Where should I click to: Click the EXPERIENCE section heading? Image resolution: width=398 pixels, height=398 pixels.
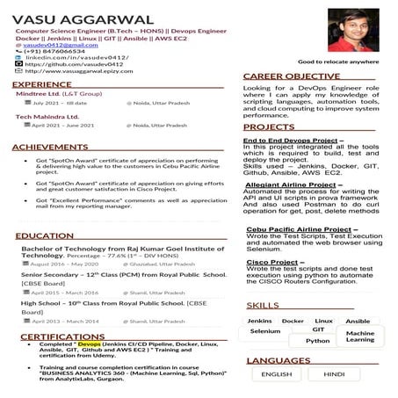(42, 84)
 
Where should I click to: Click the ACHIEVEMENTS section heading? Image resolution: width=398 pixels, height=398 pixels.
(50, 147)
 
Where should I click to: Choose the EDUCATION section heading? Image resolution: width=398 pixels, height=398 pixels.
(44, 236)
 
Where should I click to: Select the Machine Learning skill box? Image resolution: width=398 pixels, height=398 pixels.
(359, 336)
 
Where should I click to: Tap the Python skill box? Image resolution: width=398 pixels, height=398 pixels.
(318, 341)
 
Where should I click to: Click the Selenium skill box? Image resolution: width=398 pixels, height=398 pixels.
(264, 331)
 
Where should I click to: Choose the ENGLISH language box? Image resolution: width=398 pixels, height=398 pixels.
(277, 373)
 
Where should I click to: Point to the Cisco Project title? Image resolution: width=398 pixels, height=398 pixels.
(272, 262)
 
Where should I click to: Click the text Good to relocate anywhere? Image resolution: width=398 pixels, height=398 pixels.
(338, 62)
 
